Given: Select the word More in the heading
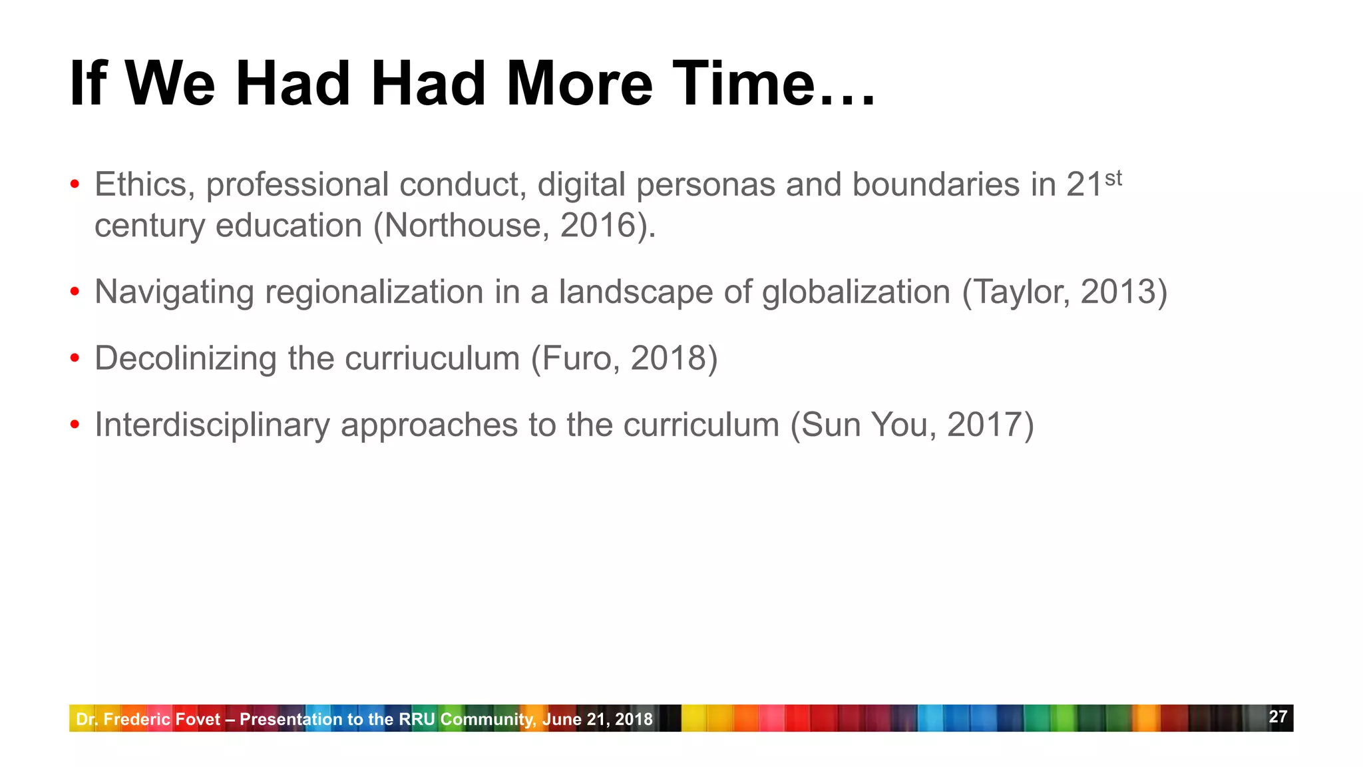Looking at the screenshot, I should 579,84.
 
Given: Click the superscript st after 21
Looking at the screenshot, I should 1113,178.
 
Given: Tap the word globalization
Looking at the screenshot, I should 856,292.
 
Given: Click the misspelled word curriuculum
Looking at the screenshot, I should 432,358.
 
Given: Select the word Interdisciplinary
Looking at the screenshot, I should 212,425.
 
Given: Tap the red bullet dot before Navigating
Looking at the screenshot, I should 75,292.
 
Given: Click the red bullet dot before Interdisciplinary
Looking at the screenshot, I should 75,425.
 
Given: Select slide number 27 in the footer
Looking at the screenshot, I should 1278,716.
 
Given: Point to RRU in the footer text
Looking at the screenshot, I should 417,719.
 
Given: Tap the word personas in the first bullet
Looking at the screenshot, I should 705,184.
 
